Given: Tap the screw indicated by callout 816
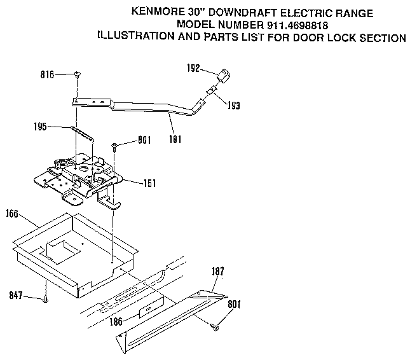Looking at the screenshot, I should tap(77, 74).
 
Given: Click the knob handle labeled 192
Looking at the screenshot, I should tap(222, 76).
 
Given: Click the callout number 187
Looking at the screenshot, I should tap(217, 272).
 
